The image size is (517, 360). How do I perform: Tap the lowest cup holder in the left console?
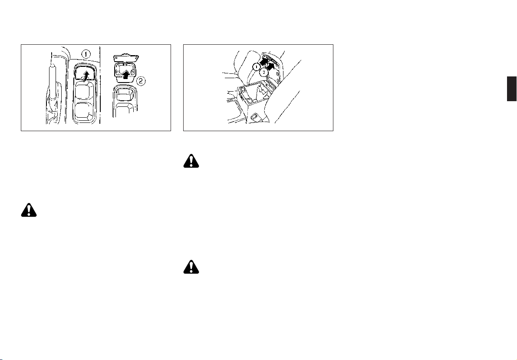click(x=84, y=112)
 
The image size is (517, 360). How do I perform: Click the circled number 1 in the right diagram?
click(x=256, y=66)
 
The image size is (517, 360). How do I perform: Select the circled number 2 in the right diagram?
click(x=264, y=71)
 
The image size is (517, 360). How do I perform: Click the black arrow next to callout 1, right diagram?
click(x=263, y=61)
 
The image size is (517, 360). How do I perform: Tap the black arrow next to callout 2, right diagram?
click(x=271, y=66)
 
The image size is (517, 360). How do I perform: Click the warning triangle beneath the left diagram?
click(x=29, y=210)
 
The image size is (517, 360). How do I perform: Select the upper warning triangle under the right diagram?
click(x=191, y=161)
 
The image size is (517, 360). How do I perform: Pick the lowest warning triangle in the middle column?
click(x=191, y=267)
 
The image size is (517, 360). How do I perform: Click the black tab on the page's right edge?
click(x=512, y=89)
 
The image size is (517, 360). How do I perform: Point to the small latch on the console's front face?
click(x=255, y=116)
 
